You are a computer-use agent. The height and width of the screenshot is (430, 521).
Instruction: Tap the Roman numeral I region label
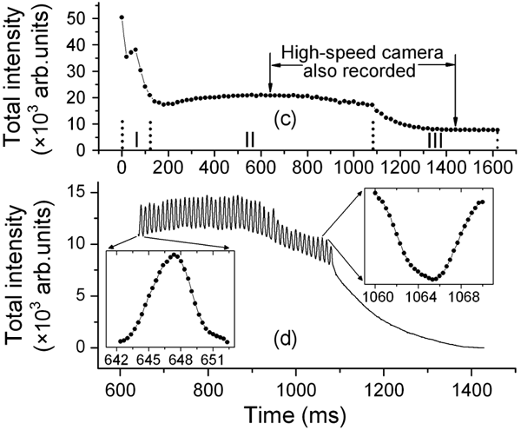tap(135, 138)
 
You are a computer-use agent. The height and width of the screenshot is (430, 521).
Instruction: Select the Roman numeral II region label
tap(249, 138)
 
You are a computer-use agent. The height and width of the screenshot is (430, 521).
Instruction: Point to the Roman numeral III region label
tap(435, 139)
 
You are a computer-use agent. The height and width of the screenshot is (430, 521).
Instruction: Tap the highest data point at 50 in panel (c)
tap(122, 17)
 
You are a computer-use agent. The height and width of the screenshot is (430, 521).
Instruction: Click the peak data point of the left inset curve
tap(175, 255)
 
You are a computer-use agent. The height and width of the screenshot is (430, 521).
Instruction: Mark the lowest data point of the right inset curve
tap(432, 279)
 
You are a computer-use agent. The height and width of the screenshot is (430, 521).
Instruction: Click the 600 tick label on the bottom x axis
tap(120, 384)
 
